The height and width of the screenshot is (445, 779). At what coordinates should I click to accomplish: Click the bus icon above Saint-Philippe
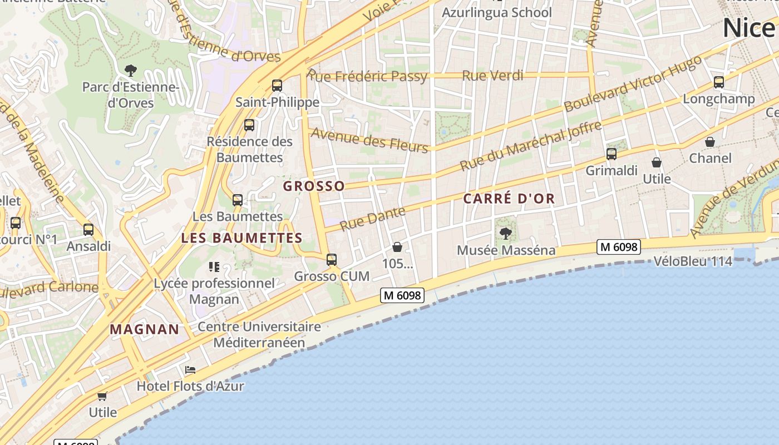[x=277, y=86]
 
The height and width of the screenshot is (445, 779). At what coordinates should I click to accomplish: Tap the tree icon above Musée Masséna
[x=505, y=233]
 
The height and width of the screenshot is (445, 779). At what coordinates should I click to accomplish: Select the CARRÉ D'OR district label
[x=509, y=199]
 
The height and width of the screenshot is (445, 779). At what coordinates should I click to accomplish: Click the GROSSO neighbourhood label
[x=314, y=186]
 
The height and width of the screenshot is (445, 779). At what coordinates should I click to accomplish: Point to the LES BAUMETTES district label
[x=241, y=238]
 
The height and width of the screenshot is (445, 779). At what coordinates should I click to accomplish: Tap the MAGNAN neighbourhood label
[x=145, y=329]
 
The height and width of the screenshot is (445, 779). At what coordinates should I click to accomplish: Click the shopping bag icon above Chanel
[x=710, y=142]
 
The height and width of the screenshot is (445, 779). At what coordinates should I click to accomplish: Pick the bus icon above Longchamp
[x=718, y=82]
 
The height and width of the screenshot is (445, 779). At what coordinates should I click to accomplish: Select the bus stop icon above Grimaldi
[x=611, y=154]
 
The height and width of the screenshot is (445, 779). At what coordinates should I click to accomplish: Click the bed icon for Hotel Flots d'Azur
[x=190, y=370]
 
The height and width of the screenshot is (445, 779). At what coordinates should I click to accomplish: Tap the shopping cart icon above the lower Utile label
[x=102, y=396]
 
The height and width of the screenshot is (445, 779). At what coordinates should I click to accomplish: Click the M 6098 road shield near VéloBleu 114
[x=618, y=246]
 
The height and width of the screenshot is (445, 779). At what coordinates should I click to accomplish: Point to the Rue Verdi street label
[x=492, y=76]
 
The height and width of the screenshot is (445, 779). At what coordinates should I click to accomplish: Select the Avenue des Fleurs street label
[x=369, y=139]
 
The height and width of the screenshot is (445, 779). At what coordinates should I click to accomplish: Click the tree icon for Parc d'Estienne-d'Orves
[x=131, y=70]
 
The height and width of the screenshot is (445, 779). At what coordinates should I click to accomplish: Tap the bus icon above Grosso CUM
[x=332, y=259]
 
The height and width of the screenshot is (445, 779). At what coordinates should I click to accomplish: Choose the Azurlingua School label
[x=496, y=12]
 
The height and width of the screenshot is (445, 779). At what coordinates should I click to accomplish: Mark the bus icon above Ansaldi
[x=88, y=229]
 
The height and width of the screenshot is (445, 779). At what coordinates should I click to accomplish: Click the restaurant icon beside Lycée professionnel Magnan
[x=214, y=267]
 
